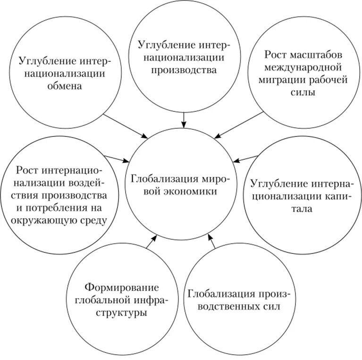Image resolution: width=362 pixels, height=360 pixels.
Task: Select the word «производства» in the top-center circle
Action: click(184, 70)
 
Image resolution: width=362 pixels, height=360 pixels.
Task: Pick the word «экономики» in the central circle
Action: click(190, 192)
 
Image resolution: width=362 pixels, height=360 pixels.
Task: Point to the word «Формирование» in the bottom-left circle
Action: click(121, 287)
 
